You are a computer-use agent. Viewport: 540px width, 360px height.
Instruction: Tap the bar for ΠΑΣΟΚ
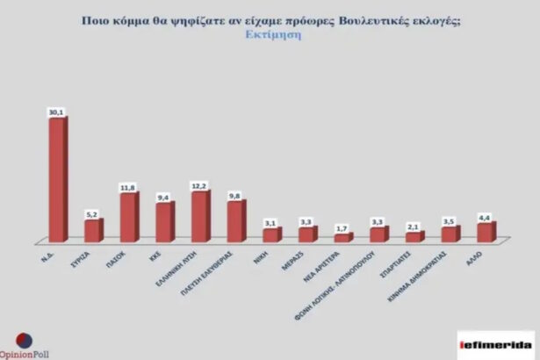(x=128, y=217)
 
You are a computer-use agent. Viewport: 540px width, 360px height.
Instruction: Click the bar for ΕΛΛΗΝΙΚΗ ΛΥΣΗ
(x=199, y=216)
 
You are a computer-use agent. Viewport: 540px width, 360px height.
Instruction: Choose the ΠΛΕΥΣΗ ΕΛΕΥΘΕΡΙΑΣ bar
(x=235, y=220)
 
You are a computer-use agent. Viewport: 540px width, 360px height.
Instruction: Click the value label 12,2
(x=198, y=184)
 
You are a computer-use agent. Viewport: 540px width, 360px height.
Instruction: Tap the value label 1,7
(x=342, y=227)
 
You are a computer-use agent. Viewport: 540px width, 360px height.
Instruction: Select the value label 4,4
(x=484, y=216)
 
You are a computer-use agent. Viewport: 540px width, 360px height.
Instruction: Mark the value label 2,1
(x=413, y=226)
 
